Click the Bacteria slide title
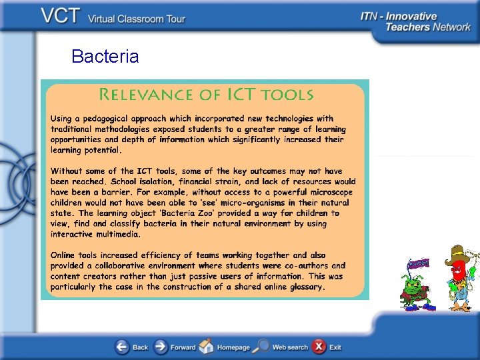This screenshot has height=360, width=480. point(105,57)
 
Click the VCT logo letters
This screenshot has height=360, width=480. point(61,16)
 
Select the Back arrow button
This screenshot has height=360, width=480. point(123,347)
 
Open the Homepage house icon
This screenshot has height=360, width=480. point(207,347)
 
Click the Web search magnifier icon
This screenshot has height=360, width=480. point(262,347)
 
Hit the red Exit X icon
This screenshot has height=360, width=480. point(319,347)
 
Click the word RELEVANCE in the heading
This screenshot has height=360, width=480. point(141,94)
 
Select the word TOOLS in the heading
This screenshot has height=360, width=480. point(287,94)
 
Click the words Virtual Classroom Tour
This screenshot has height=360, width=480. point(137,19)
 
